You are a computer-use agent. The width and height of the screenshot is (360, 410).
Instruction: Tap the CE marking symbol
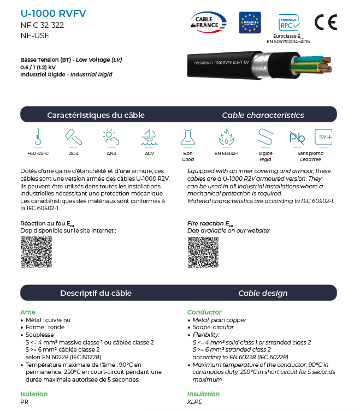point(326,22)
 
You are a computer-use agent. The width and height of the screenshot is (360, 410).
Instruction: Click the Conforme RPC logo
point(289,22)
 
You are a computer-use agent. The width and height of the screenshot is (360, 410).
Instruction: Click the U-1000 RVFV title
point(53,13)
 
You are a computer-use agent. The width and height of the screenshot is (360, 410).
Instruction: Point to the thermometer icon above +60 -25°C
point(38,137)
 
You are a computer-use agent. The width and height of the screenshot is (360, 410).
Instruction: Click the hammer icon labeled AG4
point(73,137)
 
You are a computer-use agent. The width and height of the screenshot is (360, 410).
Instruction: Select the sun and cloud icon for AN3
point(111,137)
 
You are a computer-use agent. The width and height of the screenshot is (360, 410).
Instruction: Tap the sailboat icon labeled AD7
point(149,137)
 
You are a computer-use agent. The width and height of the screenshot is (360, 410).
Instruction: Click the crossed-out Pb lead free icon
point(298,137)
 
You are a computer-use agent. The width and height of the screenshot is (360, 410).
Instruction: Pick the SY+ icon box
point(323,137)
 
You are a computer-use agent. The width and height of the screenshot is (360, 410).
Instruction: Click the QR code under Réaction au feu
point(36,252)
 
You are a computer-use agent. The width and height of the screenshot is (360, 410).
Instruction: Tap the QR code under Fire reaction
point(203,252)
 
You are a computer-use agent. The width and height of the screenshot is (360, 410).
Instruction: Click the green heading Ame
point(28,312)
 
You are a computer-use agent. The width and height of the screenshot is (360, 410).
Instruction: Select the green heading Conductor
point(204,312)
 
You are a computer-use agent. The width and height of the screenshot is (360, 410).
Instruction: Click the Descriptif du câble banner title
point(96,293)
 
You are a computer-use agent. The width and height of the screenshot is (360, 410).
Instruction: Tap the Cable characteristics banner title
point(263,115)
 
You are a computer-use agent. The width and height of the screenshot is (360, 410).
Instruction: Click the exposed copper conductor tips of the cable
point(325,68)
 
